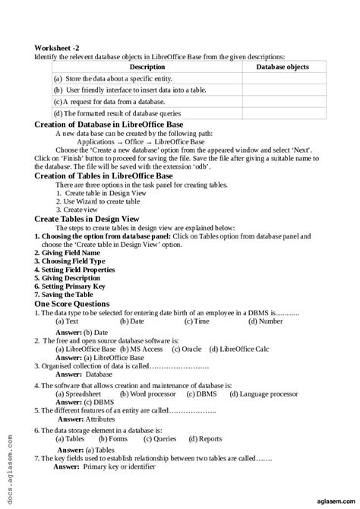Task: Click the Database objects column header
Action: (x=282, y=67)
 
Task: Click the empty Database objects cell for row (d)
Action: (x=282, y=113)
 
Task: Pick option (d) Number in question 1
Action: (x=265, y=321)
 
